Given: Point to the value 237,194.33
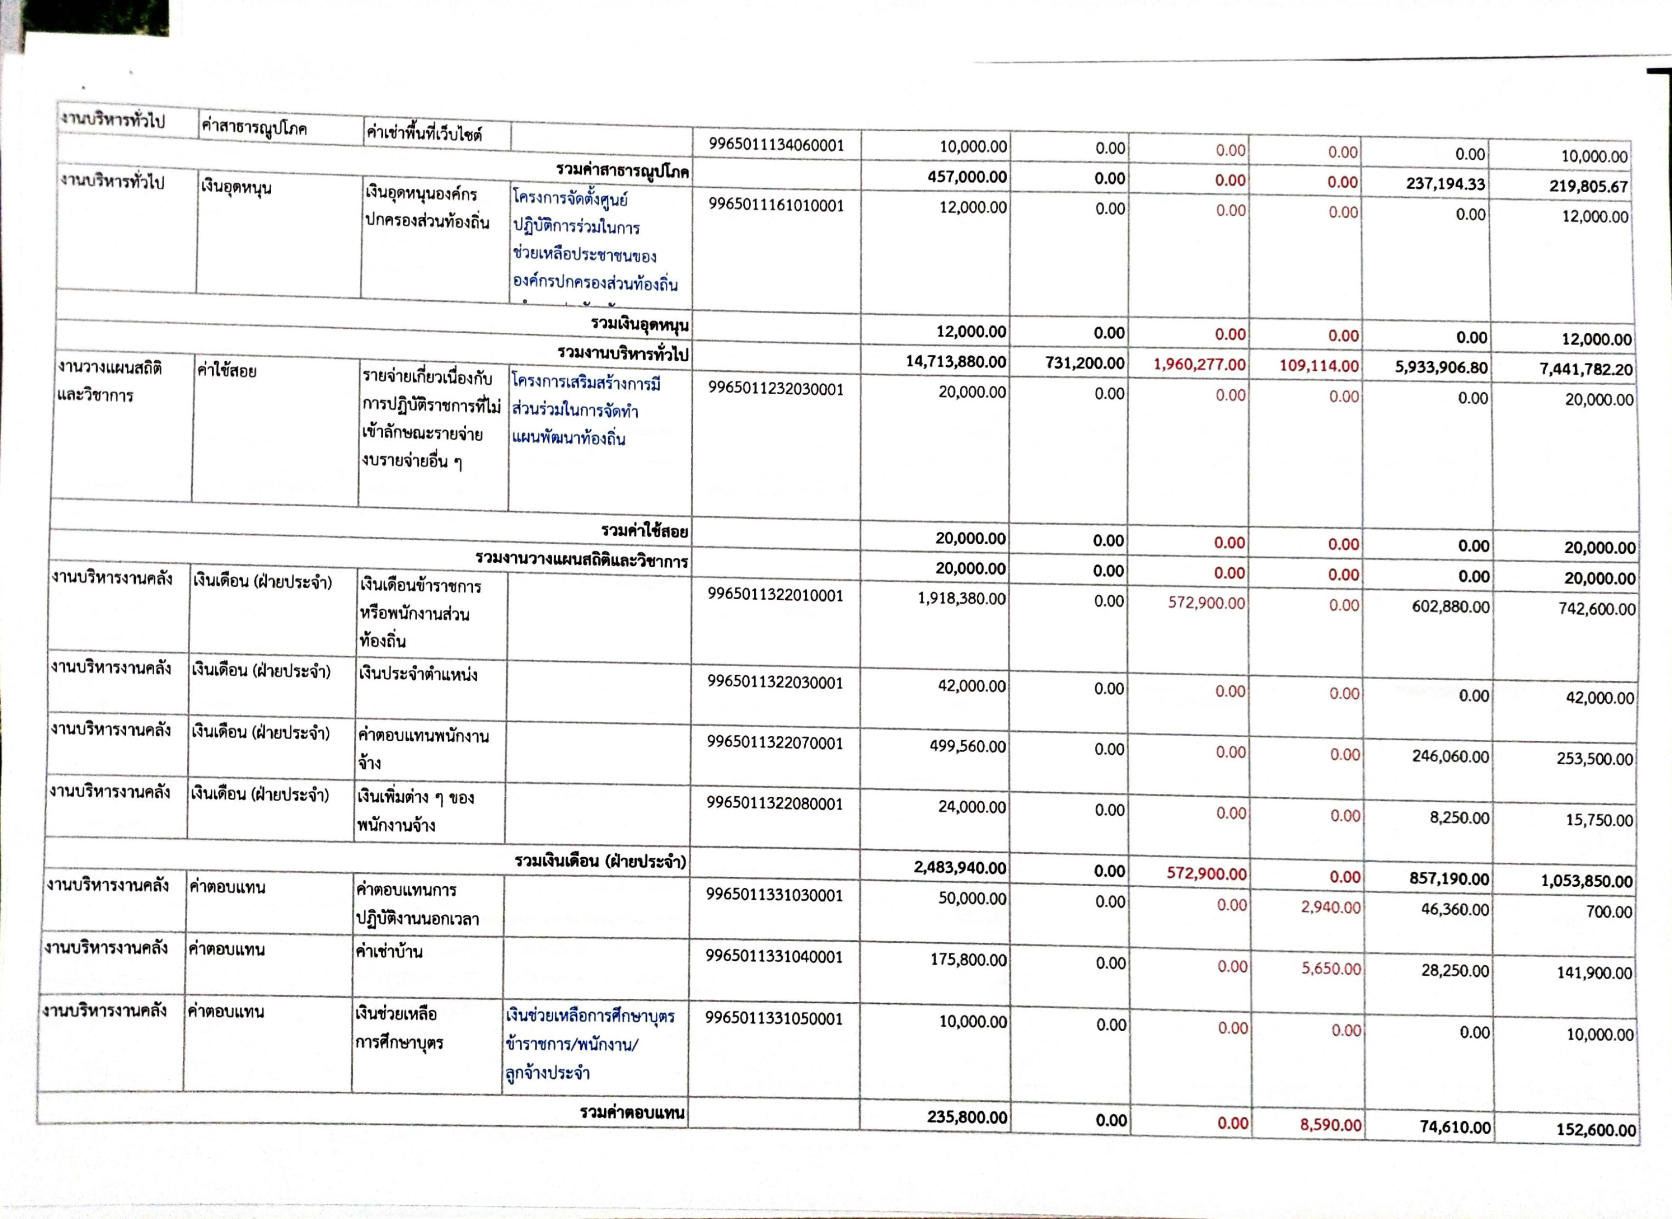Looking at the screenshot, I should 1445,184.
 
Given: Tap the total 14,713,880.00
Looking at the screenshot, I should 955,362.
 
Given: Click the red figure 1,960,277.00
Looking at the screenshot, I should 1199,365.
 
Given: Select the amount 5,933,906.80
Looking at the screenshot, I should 1441,368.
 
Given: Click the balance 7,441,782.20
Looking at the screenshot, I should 1585,370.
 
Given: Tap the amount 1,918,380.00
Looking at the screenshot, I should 961,598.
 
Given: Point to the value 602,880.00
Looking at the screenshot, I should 1450,607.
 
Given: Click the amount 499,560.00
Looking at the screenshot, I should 967,747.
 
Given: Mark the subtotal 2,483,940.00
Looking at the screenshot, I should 960,868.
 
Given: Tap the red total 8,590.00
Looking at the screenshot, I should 1331,1125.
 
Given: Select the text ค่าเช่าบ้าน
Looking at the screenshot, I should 389,951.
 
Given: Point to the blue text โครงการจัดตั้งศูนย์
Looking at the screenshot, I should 570,199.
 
